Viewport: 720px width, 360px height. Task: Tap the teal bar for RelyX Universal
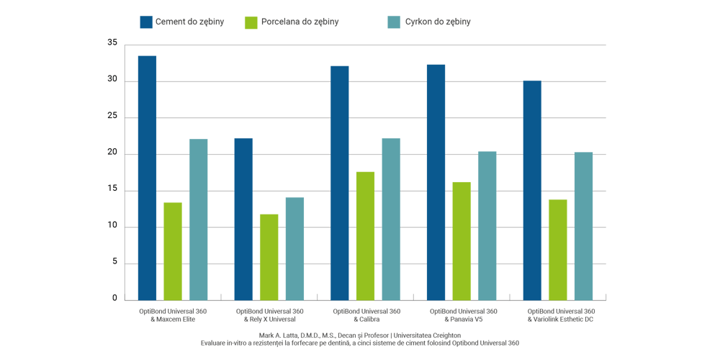pyautogui.click(x=294, y=248)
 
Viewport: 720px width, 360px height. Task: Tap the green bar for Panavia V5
pyautogui.click(x=462, y=240)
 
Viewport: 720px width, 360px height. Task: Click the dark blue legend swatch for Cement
pyautogui.click(x=146, y=22)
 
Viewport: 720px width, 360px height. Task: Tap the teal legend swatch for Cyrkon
pyautogui.click(x=393, y=22)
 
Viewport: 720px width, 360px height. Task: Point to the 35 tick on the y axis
pyautogui.click(x=111, y=44)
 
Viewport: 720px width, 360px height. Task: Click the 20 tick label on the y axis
pyautogui.click(x=111, y=154)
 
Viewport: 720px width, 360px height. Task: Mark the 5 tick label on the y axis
pyautogui.click(x=113, y=264)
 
